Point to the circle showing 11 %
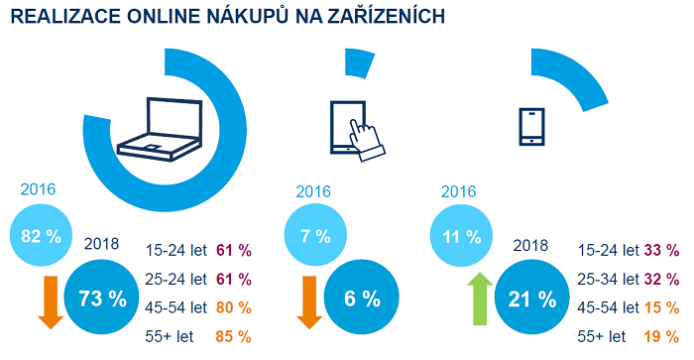[461, 236]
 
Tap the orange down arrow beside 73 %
[49, 300]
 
